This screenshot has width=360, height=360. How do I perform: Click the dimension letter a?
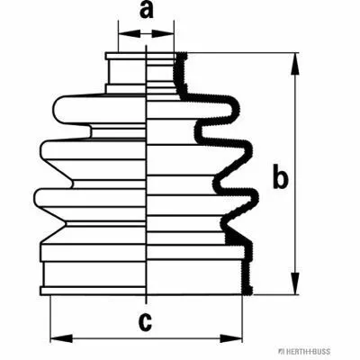[147, 11]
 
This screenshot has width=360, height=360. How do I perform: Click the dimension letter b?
[281, 177]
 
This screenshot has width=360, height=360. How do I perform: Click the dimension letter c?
[146, 322]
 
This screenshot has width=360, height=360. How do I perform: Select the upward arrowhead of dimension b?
[295, 64]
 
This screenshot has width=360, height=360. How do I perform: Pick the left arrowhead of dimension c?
[61, 338]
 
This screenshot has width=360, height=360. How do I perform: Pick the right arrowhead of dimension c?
[231, 338]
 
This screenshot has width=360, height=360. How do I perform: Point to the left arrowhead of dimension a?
[130, 33]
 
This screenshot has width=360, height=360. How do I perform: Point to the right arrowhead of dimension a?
[163, 33]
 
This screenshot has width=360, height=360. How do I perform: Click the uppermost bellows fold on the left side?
[99, 110]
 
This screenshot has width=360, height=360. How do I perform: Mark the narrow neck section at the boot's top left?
[127, 72]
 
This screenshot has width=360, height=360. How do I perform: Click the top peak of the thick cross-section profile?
[182, 55]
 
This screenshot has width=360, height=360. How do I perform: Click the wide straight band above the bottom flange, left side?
[94, 274]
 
